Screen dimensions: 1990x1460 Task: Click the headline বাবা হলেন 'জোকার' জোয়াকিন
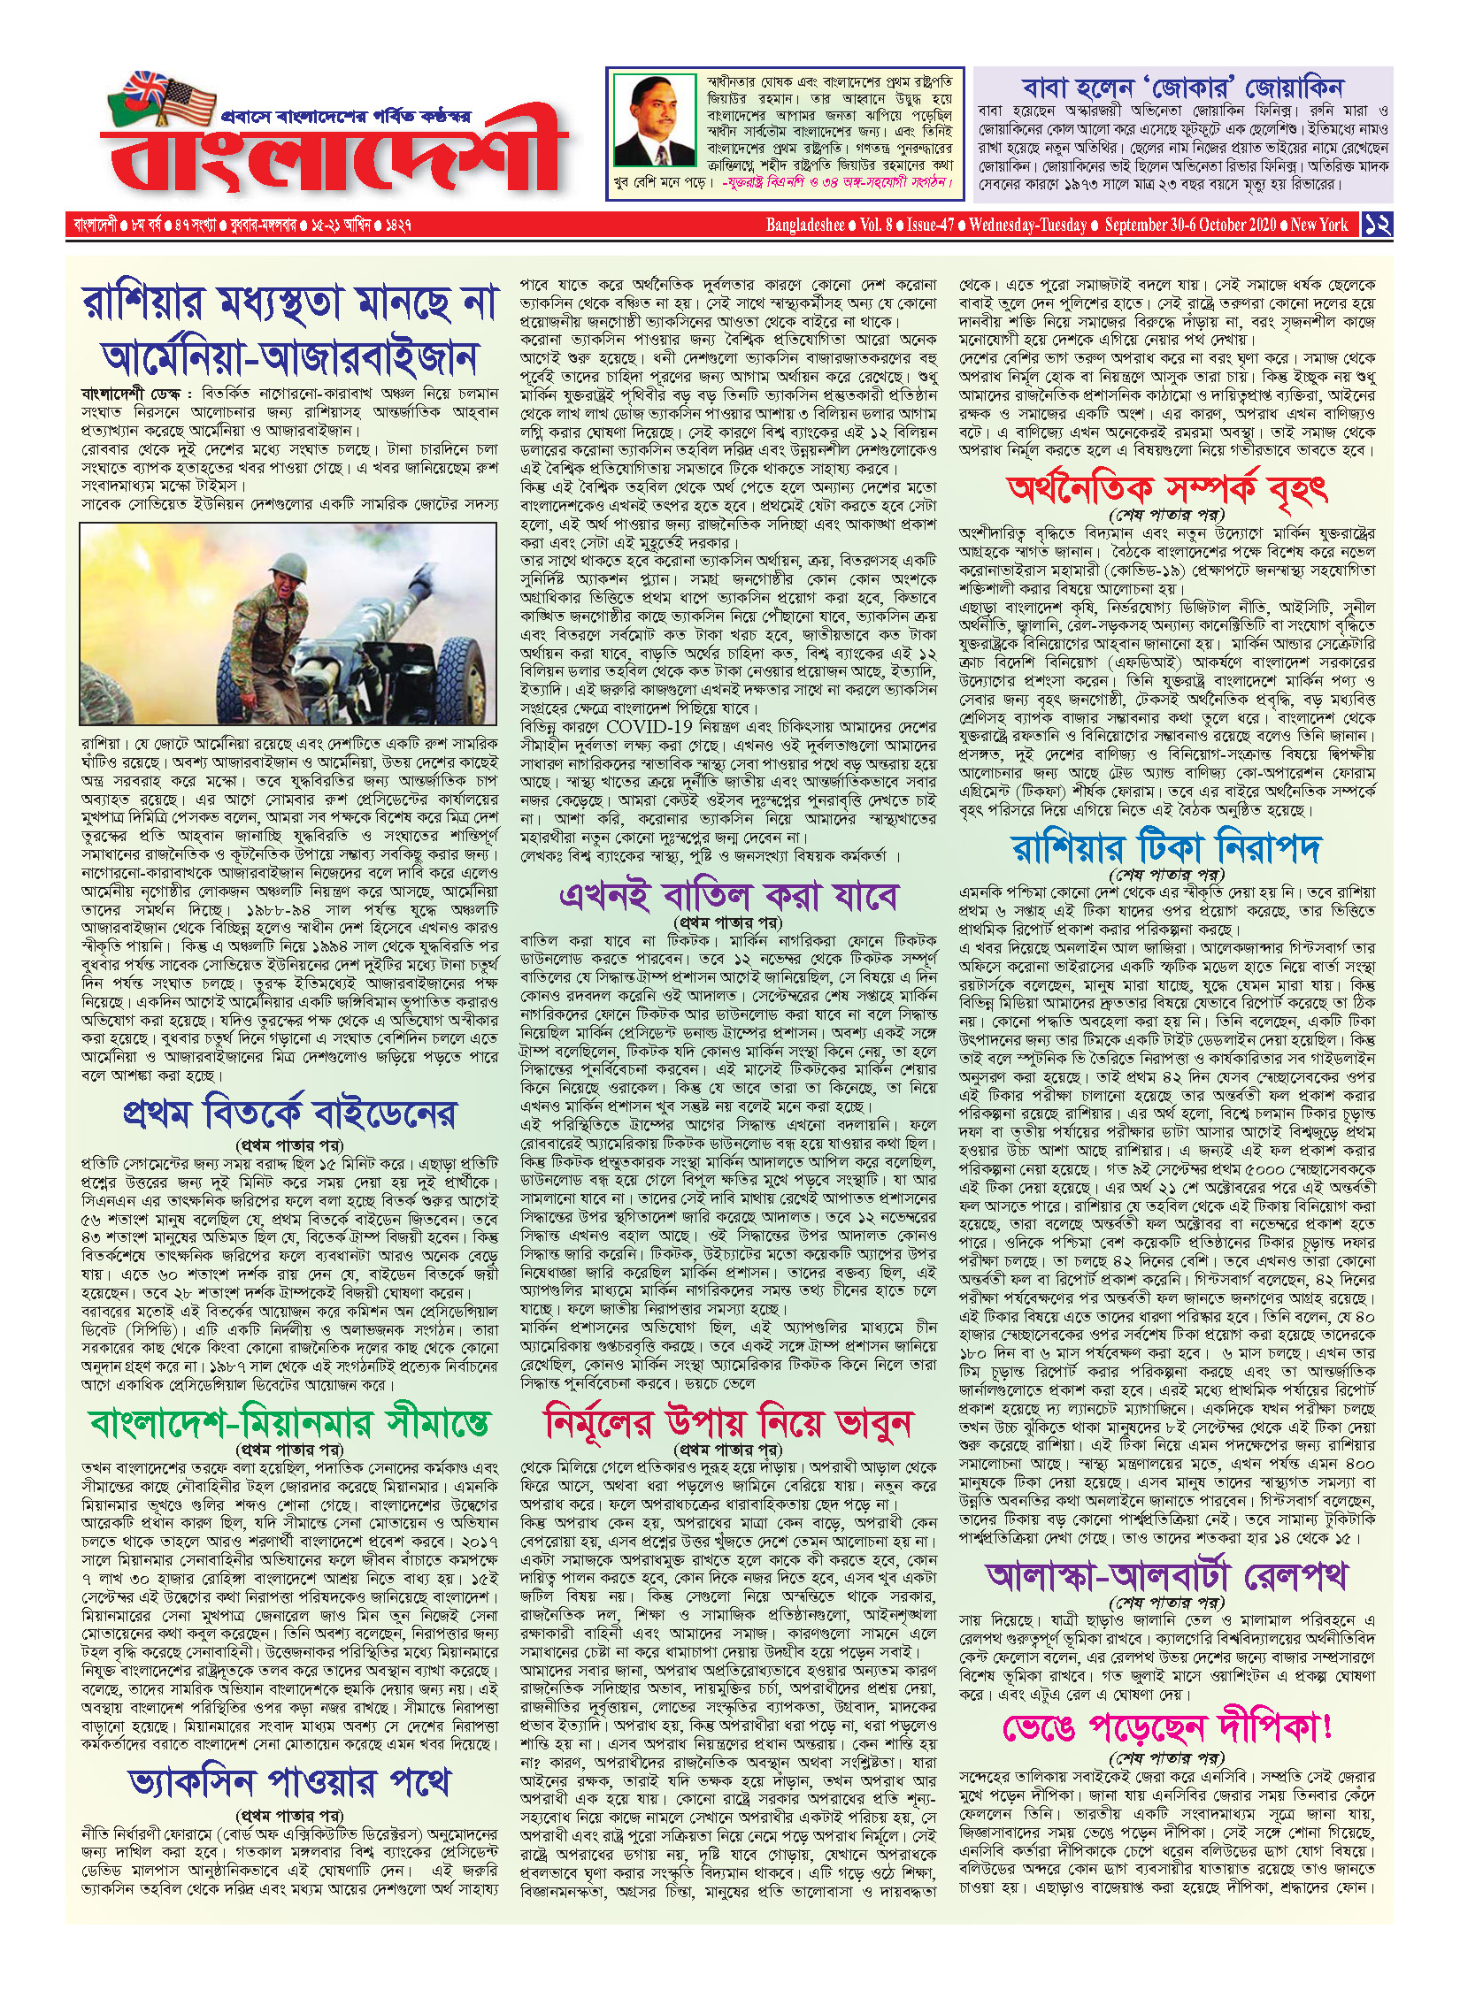(1182, 88)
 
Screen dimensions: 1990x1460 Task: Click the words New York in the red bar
(1318, 225)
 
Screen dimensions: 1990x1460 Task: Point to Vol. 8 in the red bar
(876, 225)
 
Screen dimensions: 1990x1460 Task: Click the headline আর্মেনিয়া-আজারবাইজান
(290, 357)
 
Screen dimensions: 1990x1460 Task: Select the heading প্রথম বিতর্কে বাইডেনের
(290, 1114)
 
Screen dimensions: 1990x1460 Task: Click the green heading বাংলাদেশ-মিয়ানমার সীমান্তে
(290, 1422)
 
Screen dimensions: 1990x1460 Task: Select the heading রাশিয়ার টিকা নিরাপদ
(1167, 847)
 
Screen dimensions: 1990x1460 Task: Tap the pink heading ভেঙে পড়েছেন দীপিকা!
(1167, 1726)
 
